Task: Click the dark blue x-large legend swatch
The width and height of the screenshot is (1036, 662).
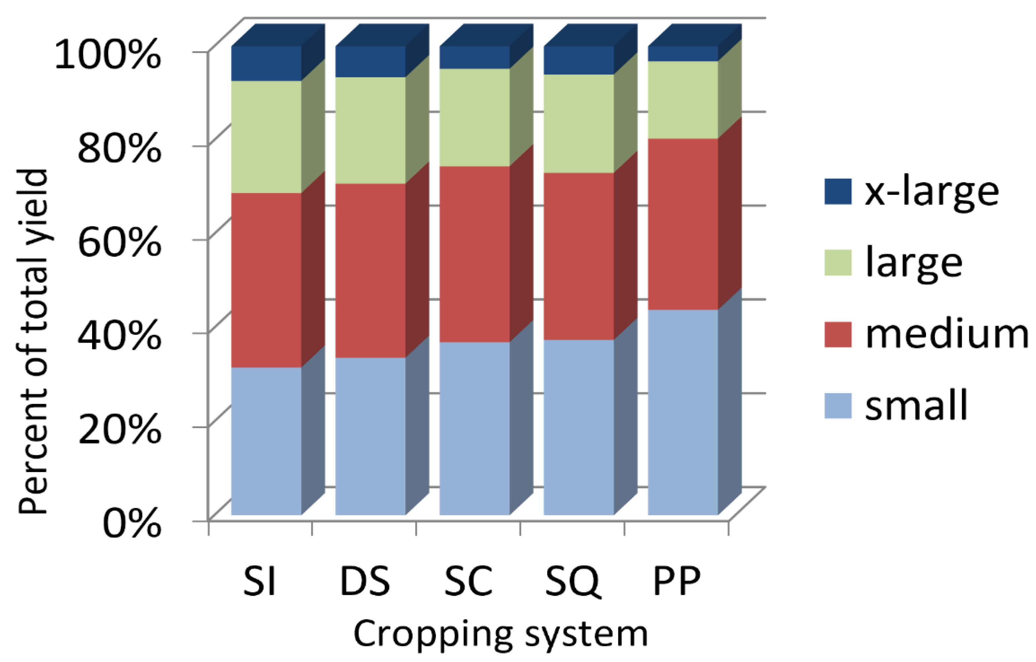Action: tap(838, 192)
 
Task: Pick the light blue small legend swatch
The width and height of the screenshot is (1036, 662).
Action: tap(838, 405)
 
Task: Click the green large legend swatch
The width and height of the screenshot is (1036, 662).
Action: tap(838, 262)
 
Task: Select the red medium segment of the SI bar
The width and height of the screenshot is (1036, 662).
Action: tap(266, 280)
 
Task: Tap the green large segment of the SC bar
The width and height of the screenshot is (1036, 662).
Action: tap(474, 117)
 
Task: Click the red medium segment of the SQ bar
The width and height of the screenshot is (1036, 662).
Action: tap(578, 256)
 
